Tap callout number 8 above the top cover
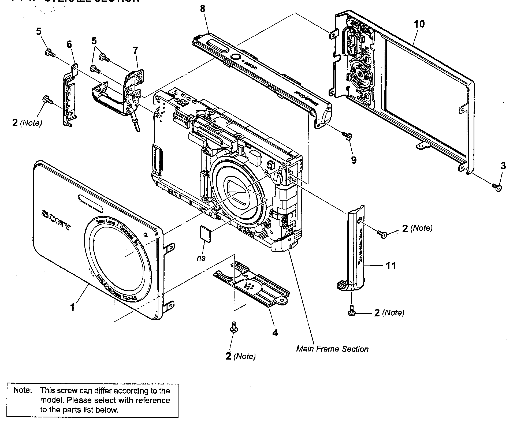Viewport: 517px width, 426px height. coord(203,9)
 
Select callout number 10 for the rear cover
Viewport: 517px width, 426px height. coord(419,24)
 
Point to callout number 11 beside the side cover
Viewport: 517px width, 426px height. coord(390,266)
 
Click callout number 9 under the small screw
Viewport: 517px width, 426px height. coord(354,160)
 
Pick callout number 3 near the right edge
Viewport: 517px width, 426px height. coord(503,166)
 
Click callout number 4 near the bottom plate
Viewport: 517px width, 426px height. coord(275,333)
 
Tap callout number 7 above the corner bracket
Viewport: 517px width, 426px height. coord(135,50)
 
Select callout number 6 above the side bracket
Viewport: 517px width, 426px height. coord(69,44)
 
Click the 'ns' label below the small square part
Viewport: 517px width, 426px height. coord(201,258)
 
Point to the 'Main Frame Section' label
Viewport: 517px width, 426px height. coord(332,349)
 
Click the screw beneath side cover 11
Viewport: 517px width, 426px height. coord(352,311)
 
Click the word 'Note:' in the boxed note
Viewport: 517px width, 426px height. coord(23,390)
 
